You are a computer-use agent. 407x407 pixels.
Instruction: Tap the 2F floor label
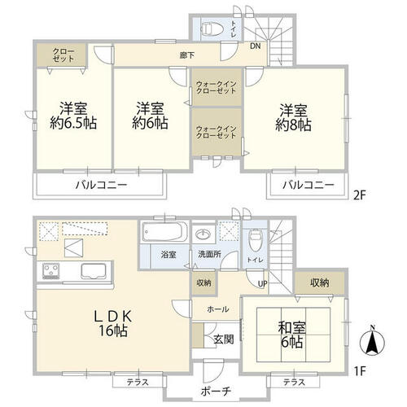[360, 195]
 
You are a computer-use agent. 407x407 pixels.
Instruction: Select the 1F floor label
[360, 371]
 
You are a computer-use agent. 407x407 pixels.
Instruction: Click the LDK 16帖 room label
[113, 323]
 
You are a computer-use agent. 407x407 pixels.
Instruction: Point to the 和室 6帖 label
[292, 335]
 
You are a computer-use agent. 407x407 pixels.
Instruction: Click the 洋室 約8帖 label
[293, 117]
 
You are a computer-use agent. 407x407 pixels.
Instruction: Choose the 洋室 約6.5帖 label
[73, 116]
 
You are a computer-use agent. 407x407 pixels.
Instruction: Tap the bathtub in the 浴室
[165, 232]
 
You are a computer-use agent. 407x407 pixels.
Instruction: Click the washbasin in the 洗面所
[204, 234]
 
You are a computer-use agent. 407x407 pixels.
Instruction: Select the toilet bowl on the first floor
[254, 240]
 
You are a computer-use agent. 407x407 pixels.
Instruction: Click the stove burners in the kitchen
[51, 271]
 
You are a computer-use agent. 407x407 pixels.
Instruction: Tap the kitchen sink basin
[94, 270]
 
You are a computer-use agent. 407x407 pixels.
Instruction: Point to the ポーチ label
[216, 391]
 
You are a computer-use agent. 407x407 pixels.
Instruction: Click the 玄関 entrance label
[224, 339]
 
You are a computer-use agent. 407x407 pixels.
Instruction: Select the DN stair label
[256, 46]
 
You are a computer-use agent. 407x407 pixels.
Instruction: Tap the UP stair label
[262, 284]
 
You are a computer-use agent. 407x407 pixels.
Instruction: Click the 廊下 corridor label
[187, 55]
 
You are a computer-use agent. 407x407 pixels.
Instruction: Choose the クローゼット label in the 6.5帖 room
[63, 55]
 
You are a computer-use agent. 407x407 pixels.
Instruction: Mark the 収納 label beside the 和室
[320, 282]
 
